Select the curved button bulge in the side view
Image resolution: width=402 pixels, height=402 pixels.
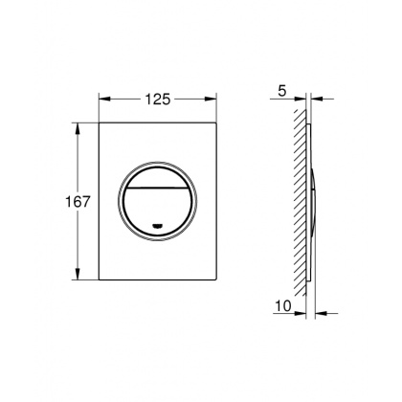coord(315,202)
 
